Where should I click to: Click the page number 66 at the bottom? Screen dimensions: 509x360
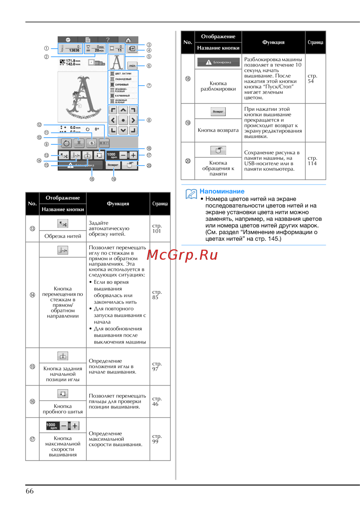coord(30,491)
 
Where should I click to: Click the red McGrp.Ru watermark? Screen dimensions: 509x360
coord(183,255)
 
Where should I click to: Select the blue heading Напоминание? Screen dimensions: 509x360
coord(222,191)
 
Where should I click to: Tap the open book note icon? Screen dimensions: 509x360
coord(191,194)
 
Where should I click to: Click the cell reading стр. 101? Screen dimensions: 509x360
coord(157,228)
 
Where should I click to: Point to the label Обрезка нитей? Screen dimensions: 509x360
coord(63,236)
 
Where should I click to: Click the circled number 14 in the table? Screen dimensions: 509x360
coord(32,295)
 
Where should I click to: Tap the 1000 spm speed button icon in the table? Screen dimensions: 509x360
coord(63,426)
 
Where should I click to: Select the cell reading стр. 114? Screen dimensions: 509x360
coord(312,161)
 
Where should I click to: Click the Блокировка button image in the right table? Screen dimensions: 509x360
coord(218,62)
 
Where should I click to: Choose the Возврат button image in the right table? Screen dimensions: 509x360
coord(218,112)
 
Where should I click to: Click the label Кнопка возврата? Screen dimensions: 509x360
coord(218,130)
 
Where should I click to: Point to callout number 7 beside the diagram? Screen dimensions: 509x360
coord(149,86)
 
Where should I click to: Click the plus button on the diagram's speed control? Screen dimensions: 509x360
coord(133,155)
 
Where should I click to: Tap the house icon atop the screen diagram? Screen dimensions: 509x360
coord(128,40)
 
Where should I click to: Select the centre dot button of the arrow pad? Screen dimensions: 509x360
coord(123,120)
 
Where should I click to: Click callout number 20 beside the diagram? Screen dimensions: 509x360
coord(149,166)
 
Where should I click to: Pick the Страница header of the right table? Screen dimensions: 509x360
coord(315,42)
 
